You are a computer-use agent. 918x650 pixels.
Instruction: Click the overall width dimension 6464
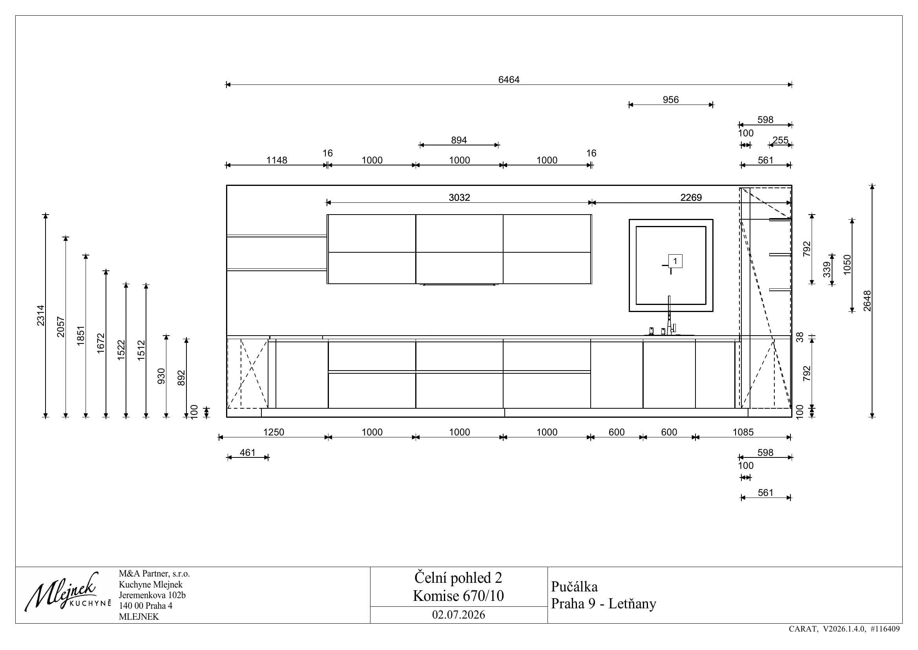[509, 80]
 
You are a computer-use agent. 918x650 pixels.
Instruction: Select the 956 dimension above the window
[670, 100]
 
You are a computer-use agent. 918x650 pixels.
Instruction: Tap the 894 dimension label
[459, 140]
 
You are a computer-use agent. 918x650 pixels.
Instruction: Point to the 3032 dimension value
[459, 197]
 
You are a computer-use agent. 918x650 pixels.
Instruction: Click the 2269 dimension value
[691, 197]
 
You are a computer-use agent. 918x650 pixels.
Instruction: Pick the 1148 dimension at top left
[277, 160]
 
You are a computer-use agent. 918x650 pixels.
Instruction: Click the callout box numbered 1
[675, 261]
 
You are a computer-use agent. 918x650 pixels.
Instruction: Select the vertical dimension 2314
[41, 316]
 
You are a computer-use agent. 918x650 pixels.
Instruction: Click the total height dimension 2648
[867, 301]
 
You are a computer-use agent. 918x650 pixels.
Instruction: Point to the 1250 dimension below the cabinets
[274, 432]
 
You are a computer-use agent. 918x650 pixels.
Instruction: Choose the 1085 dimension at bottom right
[743, 432]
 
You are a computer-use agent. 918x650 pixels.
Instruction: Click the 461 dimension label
[248, 452]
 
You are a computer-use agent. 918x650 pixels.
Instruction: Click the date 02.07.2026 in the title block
[458, 615]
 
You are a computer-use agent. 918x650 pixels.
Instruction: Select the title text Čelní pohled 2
[458, 578]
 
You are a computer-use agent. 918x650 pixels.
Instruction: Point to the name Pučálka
[574, 587]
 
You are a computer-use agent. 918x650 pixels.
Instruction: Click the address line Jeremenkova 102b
[152, 595]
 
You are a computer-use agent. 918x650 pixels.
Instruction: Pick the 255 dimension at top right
[780, 140]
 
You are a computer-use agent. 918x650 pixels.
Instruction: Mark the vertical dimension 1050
[847, 264]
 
